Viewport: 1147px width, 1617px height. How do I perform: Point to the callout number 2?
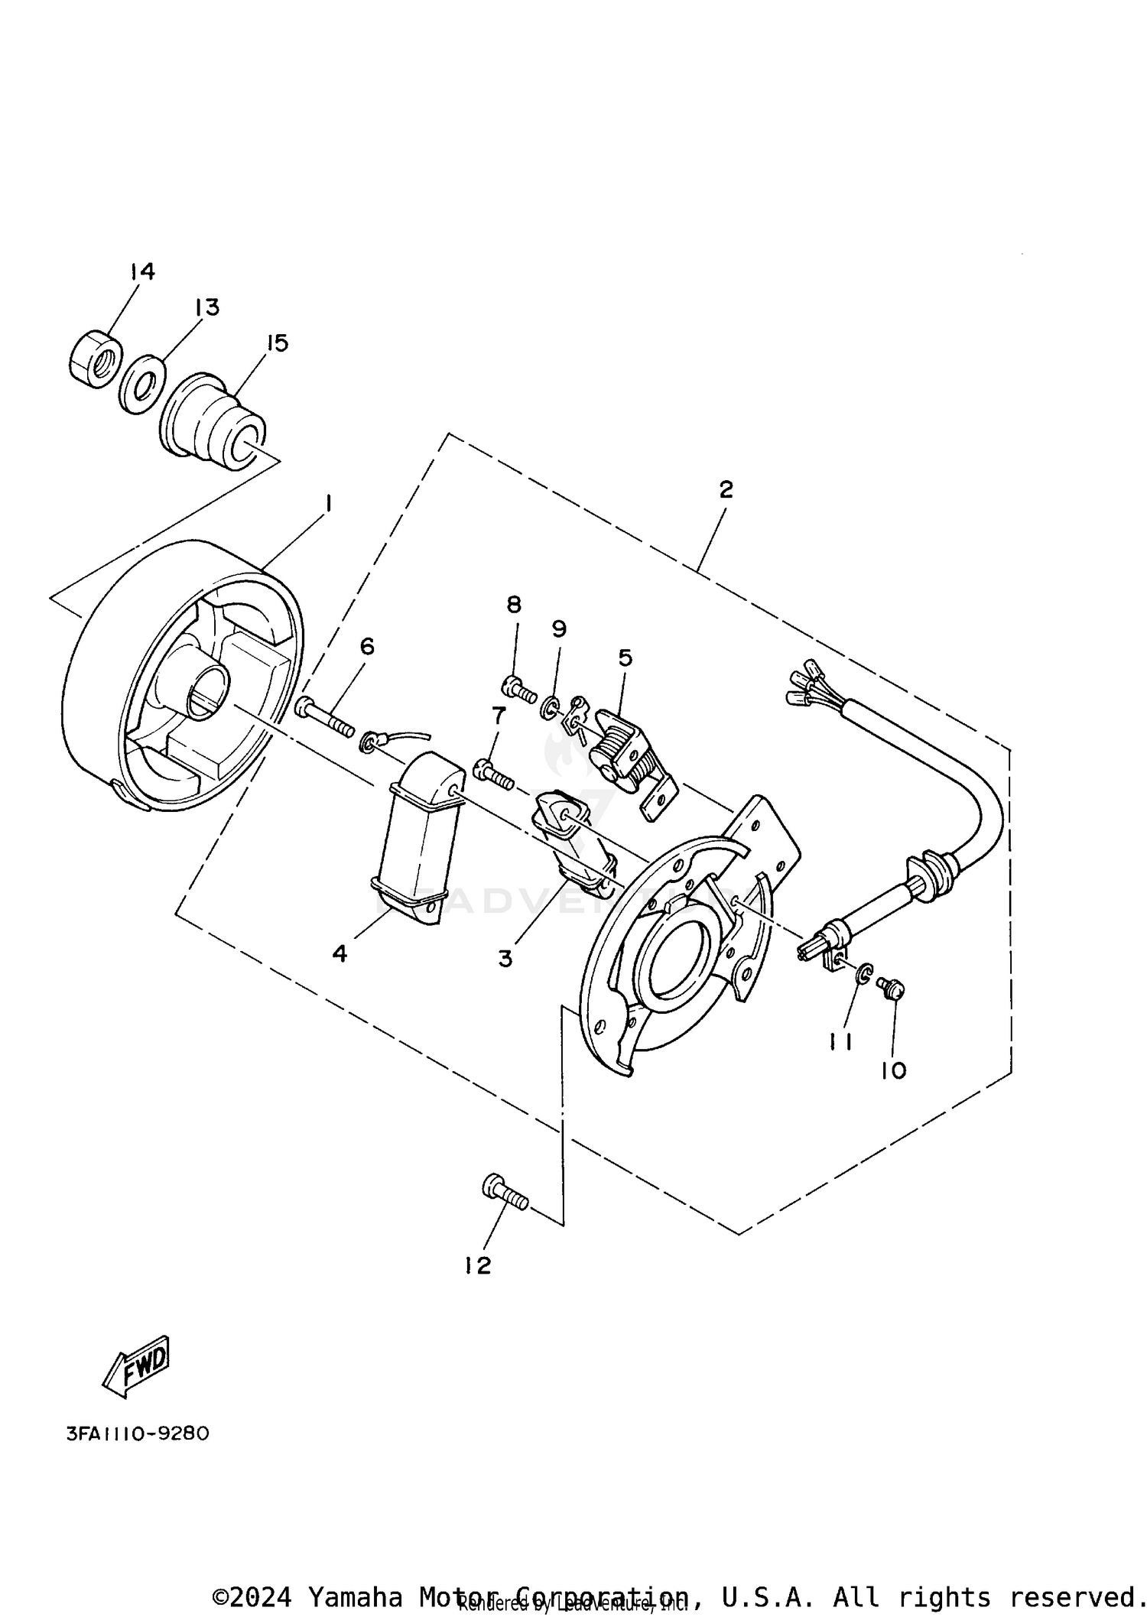pyautogui.click(x=725, y=489)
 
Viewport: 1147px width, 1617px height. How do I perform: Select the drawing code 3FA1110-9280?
pyautogui.click(x=138, y=1434)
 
